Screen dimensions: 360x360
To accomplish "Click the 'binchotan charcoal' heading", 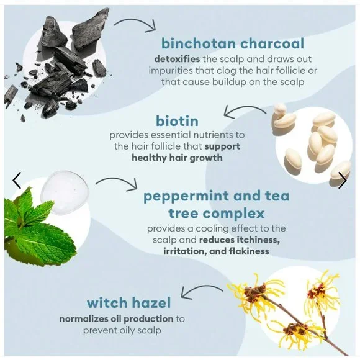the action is [233, 43].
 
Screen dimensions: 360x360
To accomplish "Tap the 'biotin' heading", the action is [177, 121].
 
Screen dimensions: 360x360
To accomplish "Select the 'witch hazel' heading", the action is [129, 303].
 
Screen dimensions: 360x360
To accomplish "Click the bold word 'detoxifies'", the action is [177, 59].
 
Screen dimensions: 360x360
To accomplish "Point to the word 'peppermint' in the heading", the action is [186, 197].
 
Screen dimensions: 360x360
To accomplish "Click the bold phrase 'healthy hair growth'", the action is [177, 158].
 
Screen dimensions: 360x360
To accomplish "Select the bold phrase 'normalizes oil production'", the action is [116, 319].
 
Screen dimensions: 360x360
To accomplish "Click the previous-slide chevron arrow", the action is [17, 181].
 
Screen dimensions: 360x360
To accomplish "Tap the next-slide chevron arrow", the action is [343, 181].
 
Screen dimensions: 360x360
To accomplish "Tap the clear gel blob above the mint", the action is [65, 192].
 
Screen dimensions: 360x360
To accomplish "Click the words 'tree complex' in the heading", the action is [216, 214].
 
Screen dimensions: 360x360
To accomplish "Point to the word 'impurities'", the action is [170, 71].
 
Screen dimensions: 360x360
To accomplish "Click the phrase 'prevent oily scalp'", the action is [122, 331].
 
